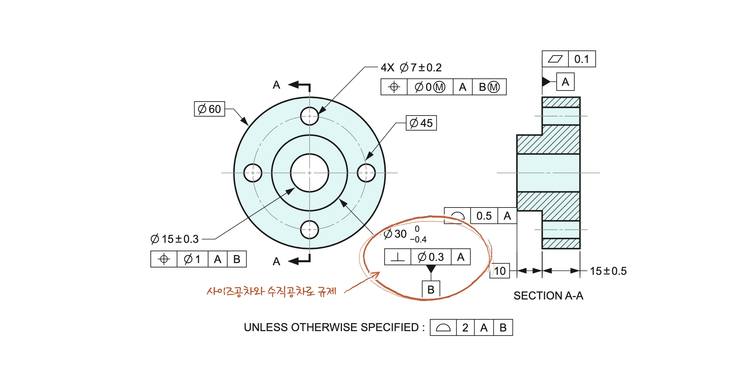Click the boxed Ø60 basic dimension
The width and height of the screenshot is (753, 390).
[x=210, y=109]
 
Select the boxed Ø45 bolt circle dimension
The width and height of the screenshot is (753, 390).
[x=421, y=123]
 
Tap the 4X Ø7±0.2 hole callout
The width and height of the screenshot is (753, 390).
[x=411, y=68]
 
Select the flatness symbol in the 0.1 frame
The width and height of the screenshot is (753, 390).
[x=555, y=59]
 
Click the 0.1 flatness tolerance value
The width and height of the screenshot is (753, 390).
[x=582, y=59]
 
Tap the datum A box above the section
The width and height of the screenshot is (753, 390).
[x=565, y=82]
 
